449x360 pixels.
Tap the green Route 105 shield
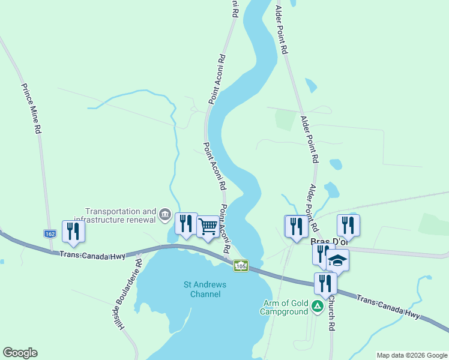pos(241,265)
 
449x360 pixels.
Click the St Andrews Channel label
pos(202,289)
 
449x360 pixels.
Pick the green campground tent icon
pos(317,307)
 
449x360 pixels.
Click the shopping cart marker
pos(208,227)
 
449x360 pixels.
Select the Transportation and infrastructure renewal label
pos(120,215)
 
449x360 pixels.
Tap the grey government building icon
pos(165,214)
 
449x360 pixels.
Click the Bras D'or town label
pos(329,241)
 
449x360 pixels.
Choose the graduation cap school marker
pos(337,260)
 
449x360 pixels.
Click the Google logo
pos(20,353)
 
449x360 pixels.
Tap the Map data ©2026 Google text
pos(411,355)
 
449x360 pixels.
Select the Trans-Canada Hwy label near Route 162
pos(92,255)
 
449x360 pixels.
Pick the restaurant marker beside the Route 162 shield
pos(73,231)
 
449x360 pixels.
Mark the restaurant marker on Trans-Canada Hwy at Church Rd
pos(325,283)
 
